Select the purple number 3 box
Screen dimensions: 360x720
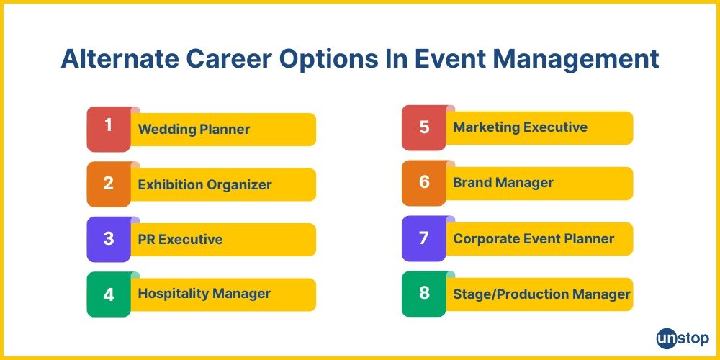(x=109, y=239)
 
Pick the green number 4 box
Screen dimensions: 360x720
(x=109, y=294)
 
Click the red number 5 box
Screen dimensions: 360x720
(x=424, y=128)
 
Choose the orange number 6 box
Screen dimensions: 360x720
(x=424, y=183)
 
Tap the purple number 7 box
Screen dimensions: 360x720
(x=424, y=238)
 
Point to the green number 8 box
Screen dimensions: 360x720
(x=424, y=294)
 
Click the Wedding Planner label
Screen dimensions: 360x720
(x=194, y=130)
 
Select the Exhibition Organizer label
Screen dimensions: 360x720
(x=204, y=185)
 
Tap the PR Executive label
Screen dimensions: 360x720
(x=180, y=240)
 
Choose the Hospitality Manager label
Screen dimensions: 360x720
(x=204, y=294)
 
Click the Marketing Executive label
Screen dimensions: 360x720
(x=520, y=127)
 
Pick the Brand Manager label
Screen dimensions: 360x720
(x=503, y=183)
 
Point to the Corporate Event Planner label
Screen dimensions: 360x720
(x=534, y=238)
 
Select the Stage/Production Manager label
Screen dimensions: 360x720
(x=541, y=294)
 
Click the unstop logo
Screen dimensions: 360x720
(x=683, y=338)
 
